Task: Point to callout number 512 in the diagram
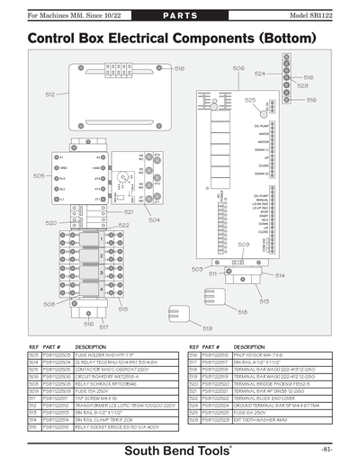pyautogui.click(x=51, y=94)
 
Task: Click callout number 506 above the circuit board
pyautogui.click(x=238, y=68)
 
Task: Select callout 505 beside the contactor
pyautogui.click(x=39, y=176)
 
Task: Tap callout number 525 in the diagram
pyautogui.click(x=249, y=101)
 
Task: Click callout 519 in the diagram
pyautogui.click(x=208, y=329)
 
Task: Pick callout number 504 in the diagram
pyautogui.click(x=155, y=219)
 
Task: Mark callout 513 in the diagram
pyautogui.click(x=264, y=302)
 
